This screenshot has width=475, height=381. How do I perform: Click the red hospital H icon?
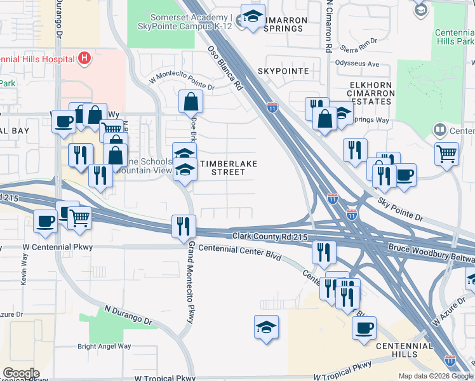click(x=84, y=60)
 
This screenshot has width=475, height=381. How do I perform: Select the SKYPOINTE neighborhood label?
click(x=283, y=71)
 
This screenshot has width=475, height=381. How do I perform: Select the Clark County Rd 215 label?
click(x=270, y=237)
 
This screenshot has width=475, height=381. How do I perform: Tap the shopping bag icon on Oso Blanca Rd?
click(x=191, y=101)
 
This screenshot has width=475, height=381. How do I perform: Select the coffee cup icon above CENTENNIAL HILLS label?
click(x=365, y=329)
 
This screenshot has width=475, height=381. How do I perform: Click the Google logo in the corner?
click(x=20, y=373)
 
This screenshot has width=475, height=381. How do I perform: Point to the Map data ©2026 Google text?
click(x=436, y=376)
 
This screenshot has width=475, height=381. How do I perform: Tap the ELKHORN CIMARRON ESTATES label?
click(x=371, y=93)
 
